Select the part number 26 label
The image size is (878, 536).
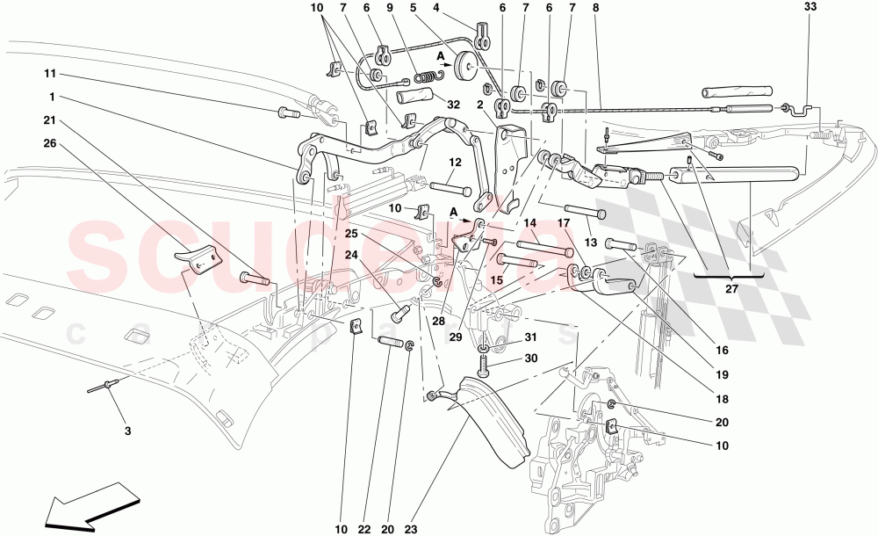coord(52,144)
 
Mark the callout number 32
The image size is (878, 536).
coord(454,104)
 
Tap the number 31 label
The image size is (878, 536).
coord(529,337)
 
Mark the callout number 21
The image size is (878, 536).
coord(52,120)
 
